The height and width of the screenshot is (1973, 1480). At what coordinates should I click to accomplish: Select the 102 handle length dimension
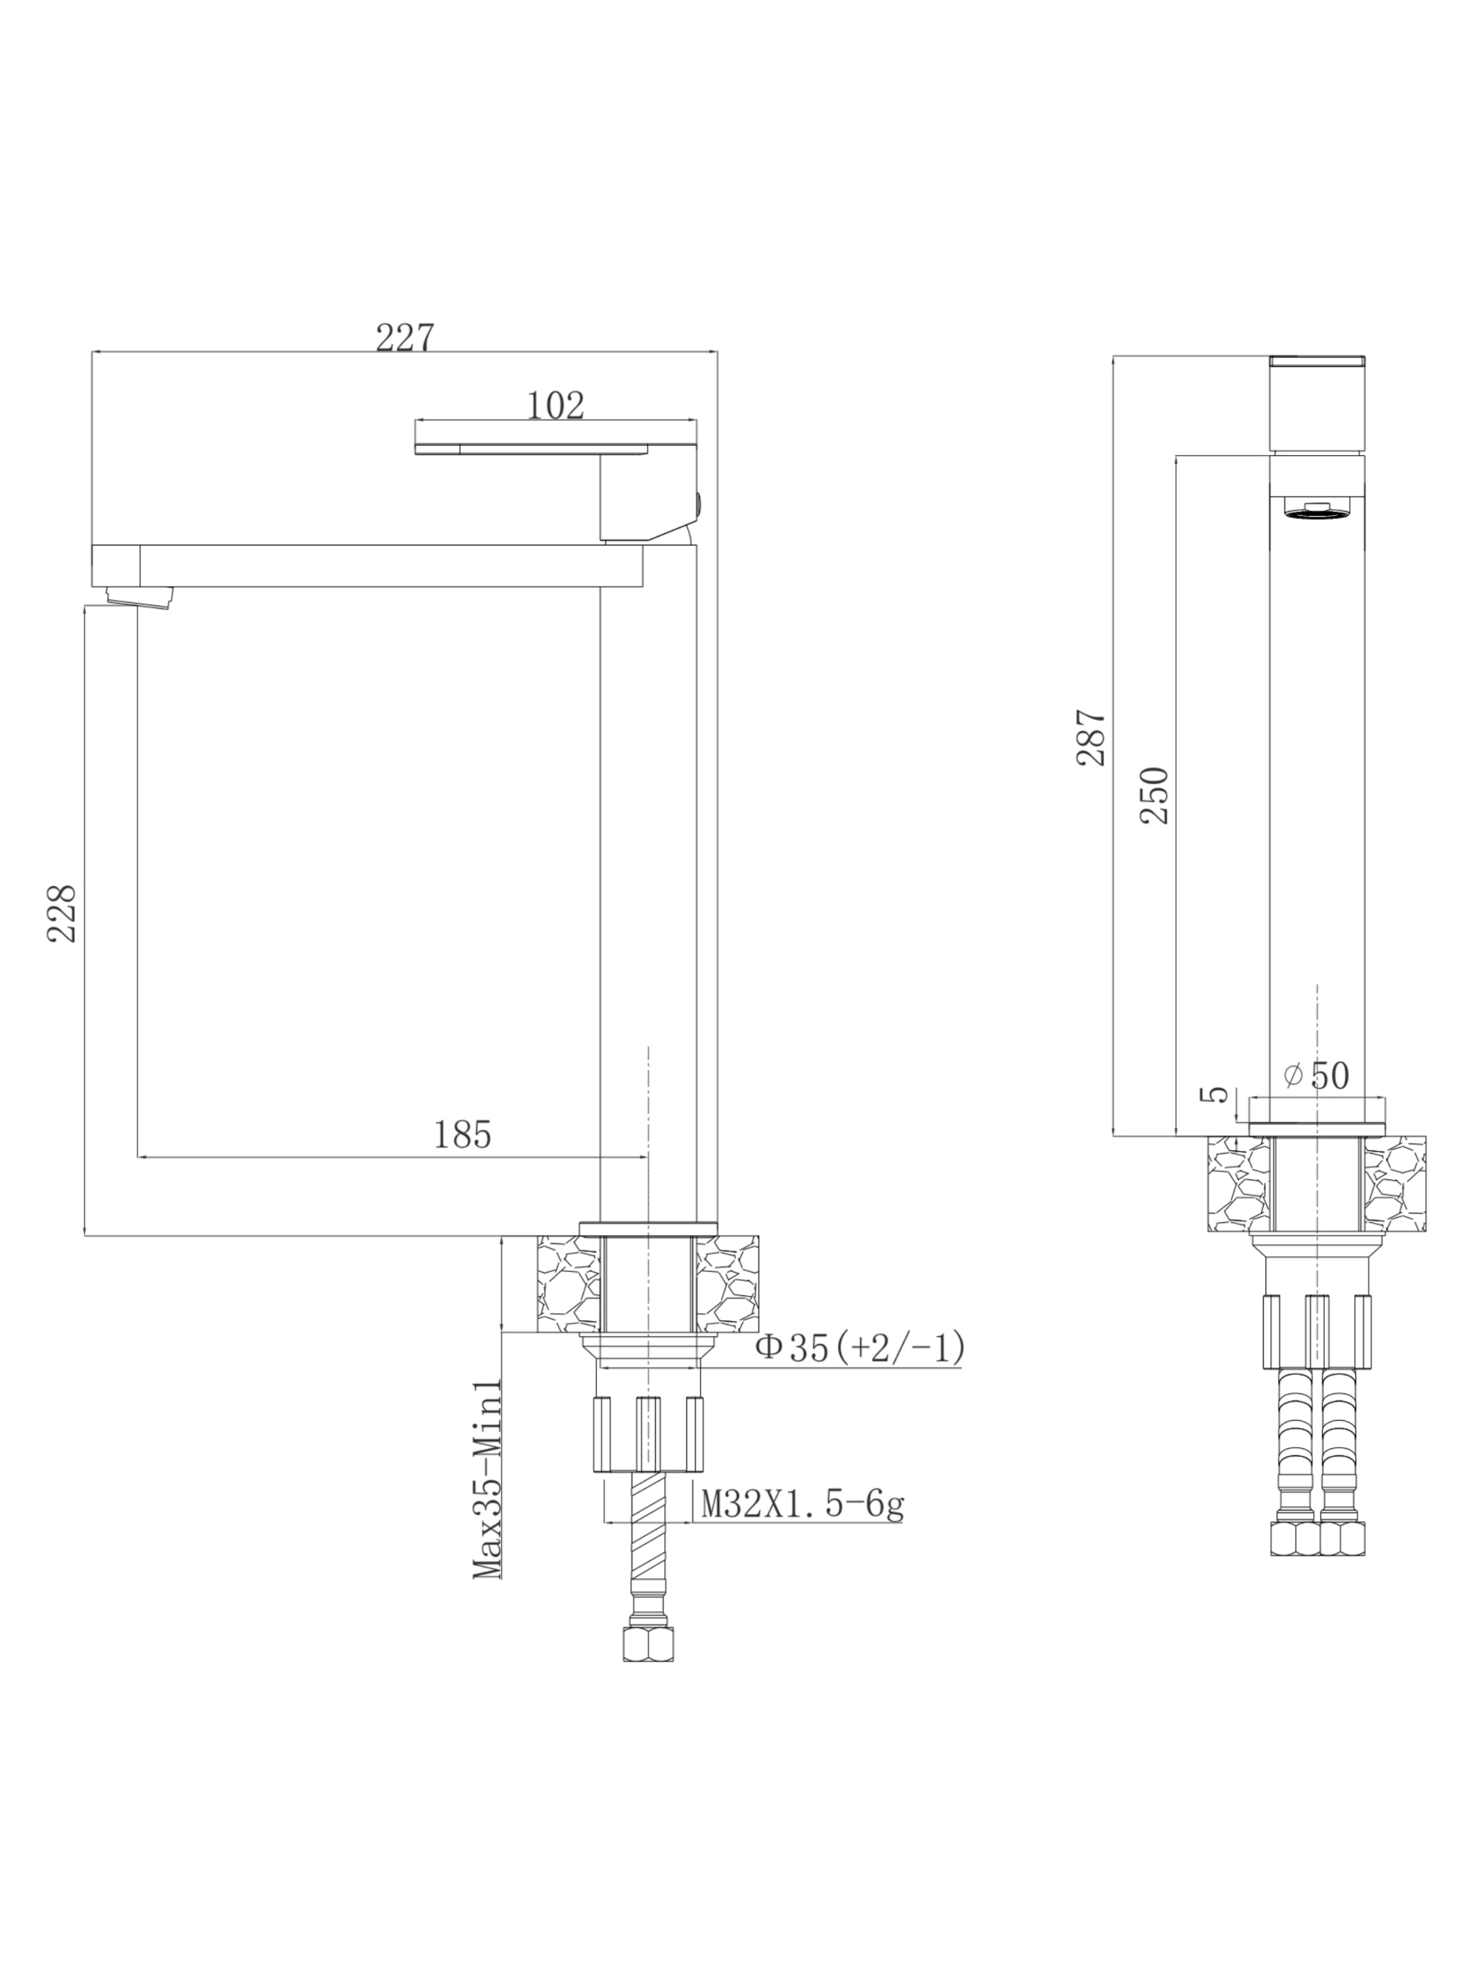[x=555, y=405]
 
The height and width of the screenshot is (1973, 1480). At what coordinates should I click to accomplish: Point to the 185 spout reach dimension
[x=462, y=1134]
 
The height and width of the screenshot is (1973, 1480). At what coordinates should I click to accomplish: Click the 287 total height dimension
[x=1091, y=737]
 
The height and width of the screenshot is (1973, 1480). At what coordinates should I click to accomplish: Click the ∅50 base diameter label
[x=1316, y=1076]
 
